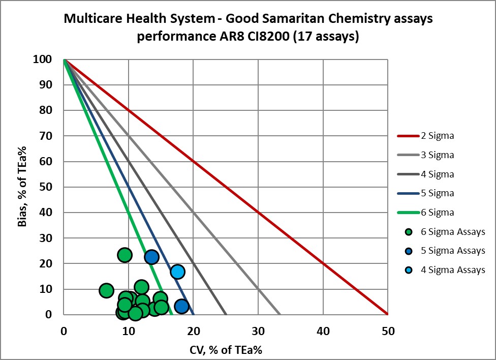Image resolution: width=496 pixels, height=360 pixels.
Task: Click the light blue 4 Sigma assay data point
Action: pos(177,272)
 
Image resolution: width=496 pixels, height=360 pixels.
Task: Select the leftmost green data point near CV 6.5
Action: pos(106,290)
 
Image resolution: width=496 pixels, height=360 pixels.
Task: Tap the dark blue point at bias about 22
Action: pos(151,257)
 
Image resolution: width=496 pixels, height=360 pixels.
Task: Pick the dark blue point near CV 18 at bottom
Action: pos(181,306)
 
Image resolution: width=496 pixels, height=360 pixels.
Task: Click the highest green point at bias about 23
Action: pos(125,255)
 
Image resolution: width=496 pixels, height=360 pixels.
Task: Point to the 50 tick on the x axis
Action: pos(387,331)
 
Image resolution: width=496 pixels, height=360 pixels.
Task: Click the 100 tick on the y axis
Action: pos(43,59)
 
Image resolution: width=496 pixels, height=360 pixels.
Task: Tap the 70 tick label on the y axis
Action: pos(46,136)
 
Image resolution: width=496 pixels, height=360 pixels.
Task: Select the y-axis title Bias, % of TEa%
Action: pos(23,187)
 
